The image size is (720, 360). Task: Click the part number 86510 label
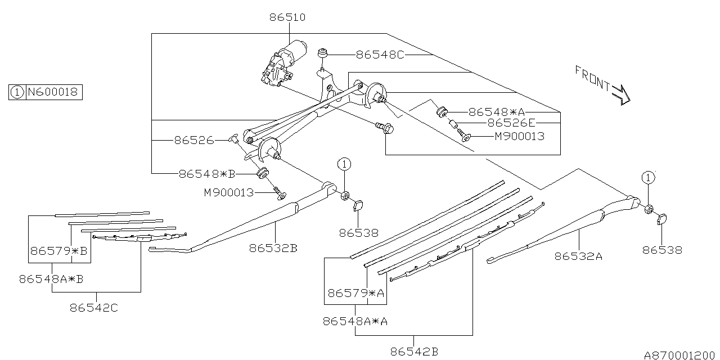[x=287, y=17]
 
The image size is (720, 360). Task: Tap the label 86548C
[x=380, y=55]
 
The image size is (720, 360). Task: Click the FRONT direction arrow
[x=621, y=95]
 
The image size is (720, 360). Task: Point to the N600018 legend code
[x=53, y=92]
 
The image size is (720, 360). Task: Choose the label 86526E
[x=512, y=123]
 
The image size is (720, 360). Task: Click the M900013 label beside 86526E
[x=520, y=136]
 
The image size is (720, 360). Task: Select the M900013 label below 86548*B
[x=229, y=193]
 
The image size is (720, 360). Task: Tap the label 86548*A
[x=497, y=112]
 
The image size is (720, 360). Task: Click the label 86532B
[x=273, y=248]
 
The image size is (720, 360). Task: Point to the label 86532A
[x=578, y=256]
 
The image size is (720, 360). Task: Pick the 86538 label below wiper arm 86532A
[x=662, y=250]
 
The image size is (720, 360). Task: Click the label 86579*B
[x=59, y=251]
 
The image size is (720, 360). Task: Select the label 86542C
[x=94, y=308]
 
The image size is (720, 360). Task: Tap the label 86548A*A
[x=355, y=321]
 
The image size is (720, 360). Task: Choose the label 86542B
[x=415, y=352]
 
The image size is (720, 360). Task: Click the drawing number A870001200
[x=679, y=355]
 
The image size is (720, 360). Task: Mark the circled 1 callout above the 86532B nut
[x=344, y=164]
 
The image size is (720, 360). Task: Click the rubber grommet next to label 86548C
[x=322, y=53]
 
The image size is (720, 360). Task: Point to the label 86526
[x=194, y=140]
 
